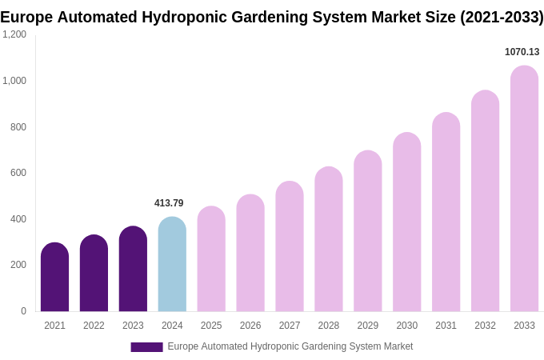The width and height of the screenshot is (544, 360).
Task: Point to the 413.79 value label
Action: click(x=169, y=203)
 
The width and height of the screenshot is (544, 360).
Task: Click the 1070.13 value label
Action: click(x=522, y=52)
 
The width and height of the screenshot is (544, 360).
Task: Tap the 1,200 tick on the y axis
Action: click(x=14, y=34)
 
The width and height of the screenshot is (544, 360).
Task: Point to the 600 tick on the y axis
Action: click(x=18, y=173)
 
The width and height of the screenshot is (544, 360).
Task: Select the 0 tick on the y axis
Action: click(x=23, y=311)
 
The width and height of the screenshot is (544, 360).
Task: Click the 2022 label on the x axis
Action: click(x=94, y=326)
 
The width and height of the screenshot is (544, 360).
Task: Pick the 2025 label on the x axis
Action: click(x=211, y=326)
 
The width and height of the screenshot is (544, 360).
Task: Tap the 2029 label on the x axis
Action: click(x=368, y=326)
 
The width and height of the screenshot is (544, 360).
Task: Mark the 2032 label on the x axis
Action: click(x=485, y=326)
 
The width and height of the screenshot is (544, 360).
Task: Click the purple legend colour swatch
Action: click(x=146, y=347)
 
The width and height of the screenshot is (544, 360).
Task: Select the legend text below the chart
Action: click(x=290, y=346)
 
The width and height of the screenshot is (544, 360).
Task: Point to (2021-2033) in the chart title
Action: click(x=502, y=17)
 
